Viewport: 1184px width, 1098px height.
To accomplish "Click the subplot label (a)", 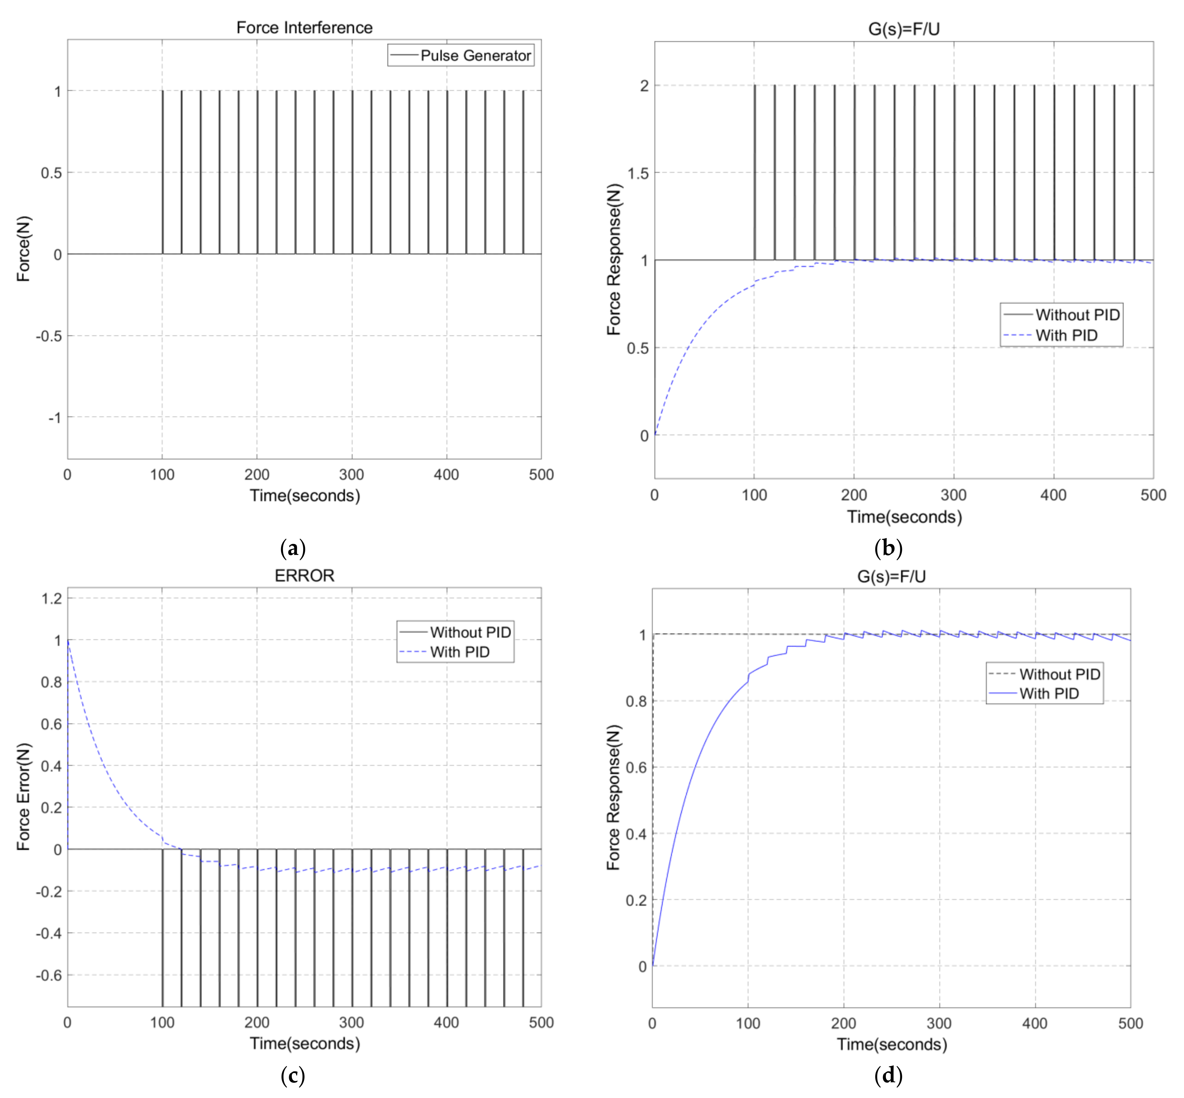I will click(x=293, y=548).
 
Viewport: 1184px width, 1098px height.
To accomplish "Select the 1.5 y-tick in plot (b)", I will click(x=638, y=173).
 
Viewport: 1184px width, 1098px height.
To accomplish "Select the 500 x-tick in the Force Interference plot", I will click(x=541, y=475).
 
